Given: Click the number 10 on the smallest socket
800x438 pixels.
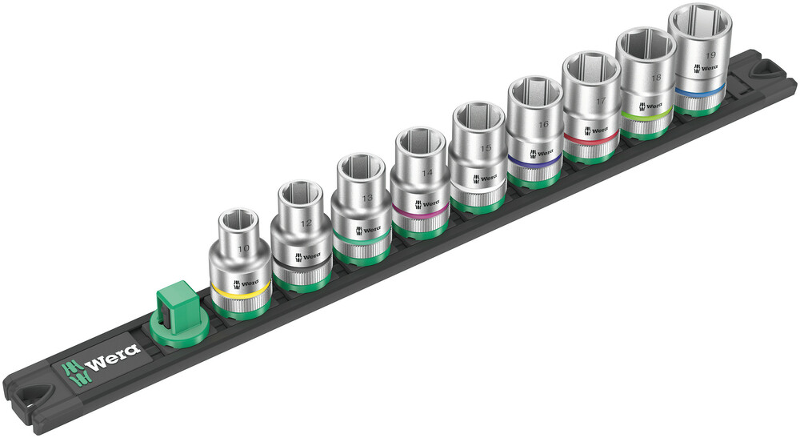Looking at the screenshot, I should (x=244, y=249).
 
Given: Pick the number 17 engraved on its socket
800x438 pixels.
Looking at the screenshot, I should (x=601, y=102).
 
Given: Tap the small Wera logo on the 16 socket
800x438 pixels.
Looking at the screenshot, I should (x=541, y=153).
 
